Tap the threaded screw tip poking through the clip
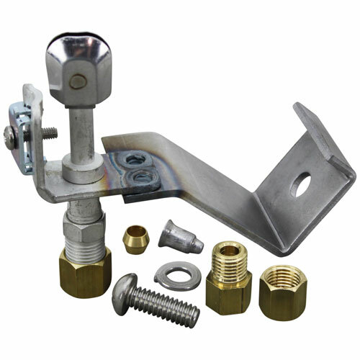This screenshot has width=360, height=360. coord(53,132)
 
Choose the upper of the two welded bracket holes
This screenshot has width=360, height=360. coord(134,159)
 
